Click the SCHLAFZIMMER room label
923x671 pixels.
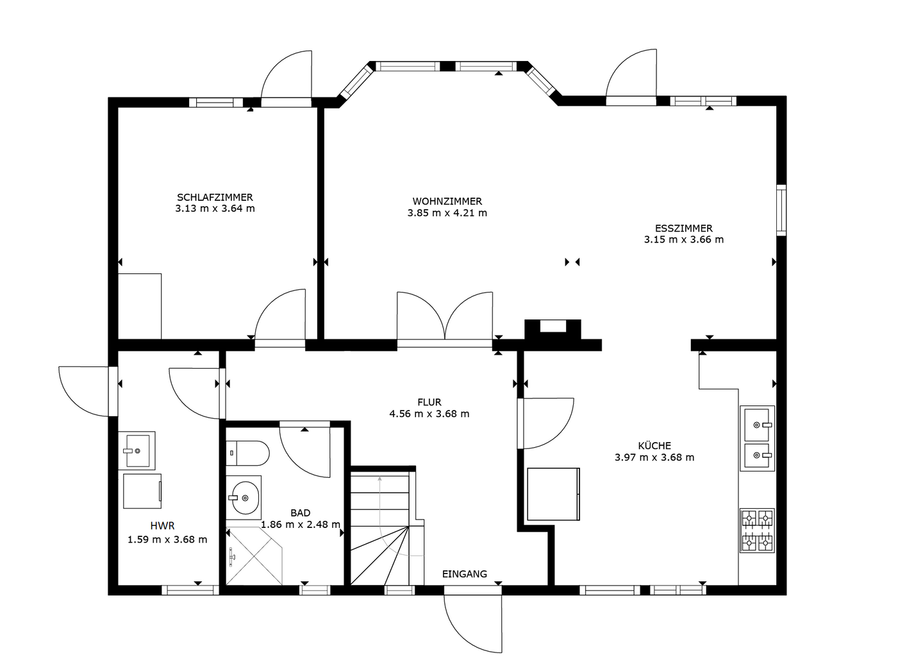215,197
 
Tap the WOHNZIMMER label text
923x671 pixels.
447,201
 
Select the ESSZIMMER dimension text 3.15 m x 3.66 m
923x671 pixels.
683,240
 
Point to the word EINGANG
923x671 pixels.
464,573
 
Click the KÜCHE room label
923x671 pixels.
654,445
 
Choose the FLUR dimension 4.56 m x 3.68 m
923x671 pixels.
429,414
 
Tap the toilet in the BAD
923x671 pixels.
247,454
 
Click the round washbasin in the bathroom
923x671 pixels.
245,498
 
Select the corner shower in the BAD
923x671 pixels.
254,556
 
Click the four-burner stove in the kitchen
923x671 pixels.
758,531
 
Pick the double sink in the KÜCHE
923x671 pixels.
758,438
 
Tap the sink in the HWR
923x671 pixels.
137,451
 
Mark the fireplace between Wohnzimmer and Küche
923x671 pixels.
553,330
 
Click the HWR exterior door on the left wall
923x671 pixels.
88,391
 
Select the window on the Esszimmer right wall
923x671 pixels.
781,210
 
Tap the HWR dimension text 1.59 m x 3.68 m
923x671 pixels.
167,539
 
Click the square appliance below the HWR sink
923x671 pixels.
142,491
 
